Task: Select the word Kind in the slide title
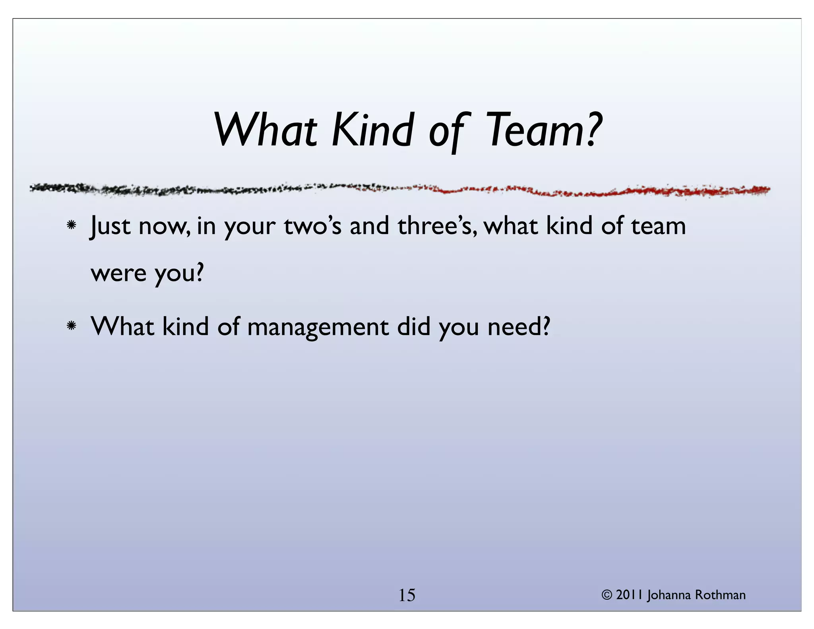372,130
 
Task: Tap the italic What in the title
266,130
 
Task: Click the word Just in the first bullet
110,226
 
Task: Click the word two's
312,226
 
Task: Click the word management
318,328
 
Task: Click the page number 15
407,595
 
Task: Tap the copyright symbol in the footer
607,595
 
